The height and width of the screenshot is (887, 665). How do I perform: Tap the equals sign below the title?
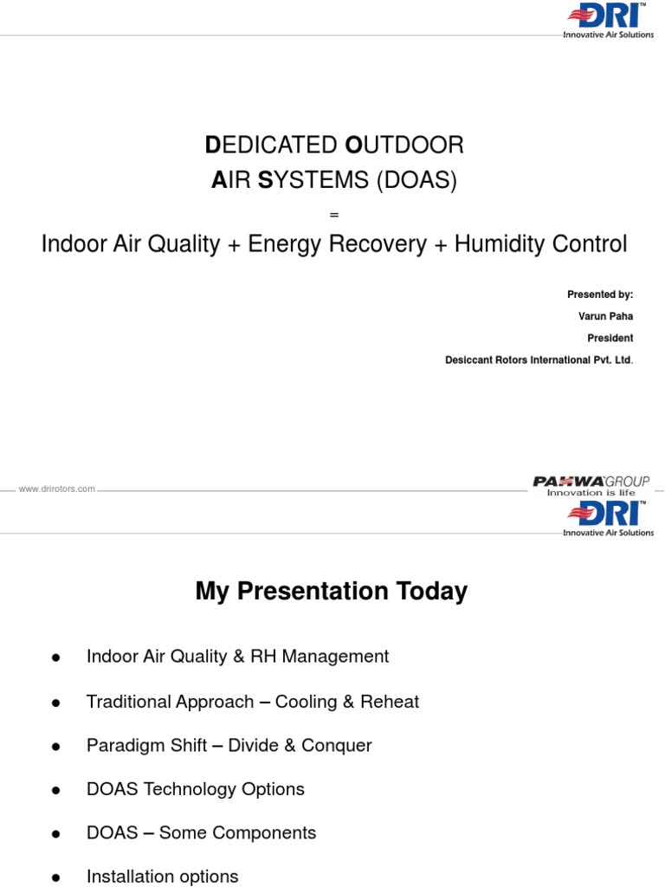334,214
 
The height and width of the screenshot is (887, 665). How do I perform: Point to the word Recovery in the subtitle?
381,244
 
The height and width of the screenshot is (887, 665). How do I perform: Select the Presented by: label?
600,295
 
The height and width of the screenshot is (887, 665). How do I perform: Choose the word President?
612,338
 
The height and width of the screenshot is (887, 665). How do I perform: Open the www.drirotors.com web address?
57,489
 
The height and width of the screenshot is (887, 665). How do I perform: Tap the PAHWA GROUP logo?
591,484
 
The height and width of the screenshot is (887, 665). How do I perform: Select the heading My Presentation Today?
332,592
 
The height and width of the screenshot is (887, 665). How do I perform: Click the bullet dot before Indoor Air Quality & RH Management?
55,657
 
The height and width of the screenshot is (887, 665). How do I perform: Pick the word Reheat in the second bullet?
391,702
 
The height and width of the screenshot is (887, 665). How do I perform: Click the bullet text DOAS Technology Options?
196,789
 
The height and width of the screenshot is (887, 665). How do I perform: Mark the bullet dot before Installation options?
55,877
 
